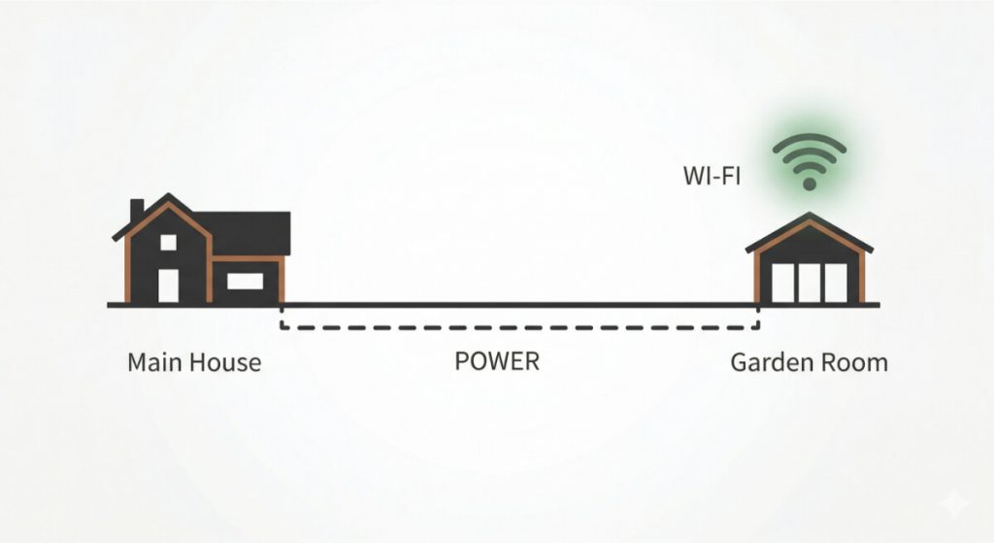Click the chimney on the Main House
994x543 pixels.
[137, 210]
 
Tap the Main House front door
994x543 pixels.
[168, 284]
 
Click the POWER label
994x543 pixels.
[496, 362]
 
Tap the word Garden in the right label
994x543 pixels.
[772, 363]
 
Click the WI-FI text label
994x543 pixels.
[712, 178]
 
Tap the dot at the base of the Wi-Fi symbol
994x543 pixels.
[808, 183]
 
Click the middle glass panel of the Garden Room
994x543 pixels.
[809, 281]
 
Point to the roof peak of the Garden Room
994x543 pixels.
[809, 216]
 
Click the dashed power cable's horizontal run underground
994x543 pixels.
[519, 327]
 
